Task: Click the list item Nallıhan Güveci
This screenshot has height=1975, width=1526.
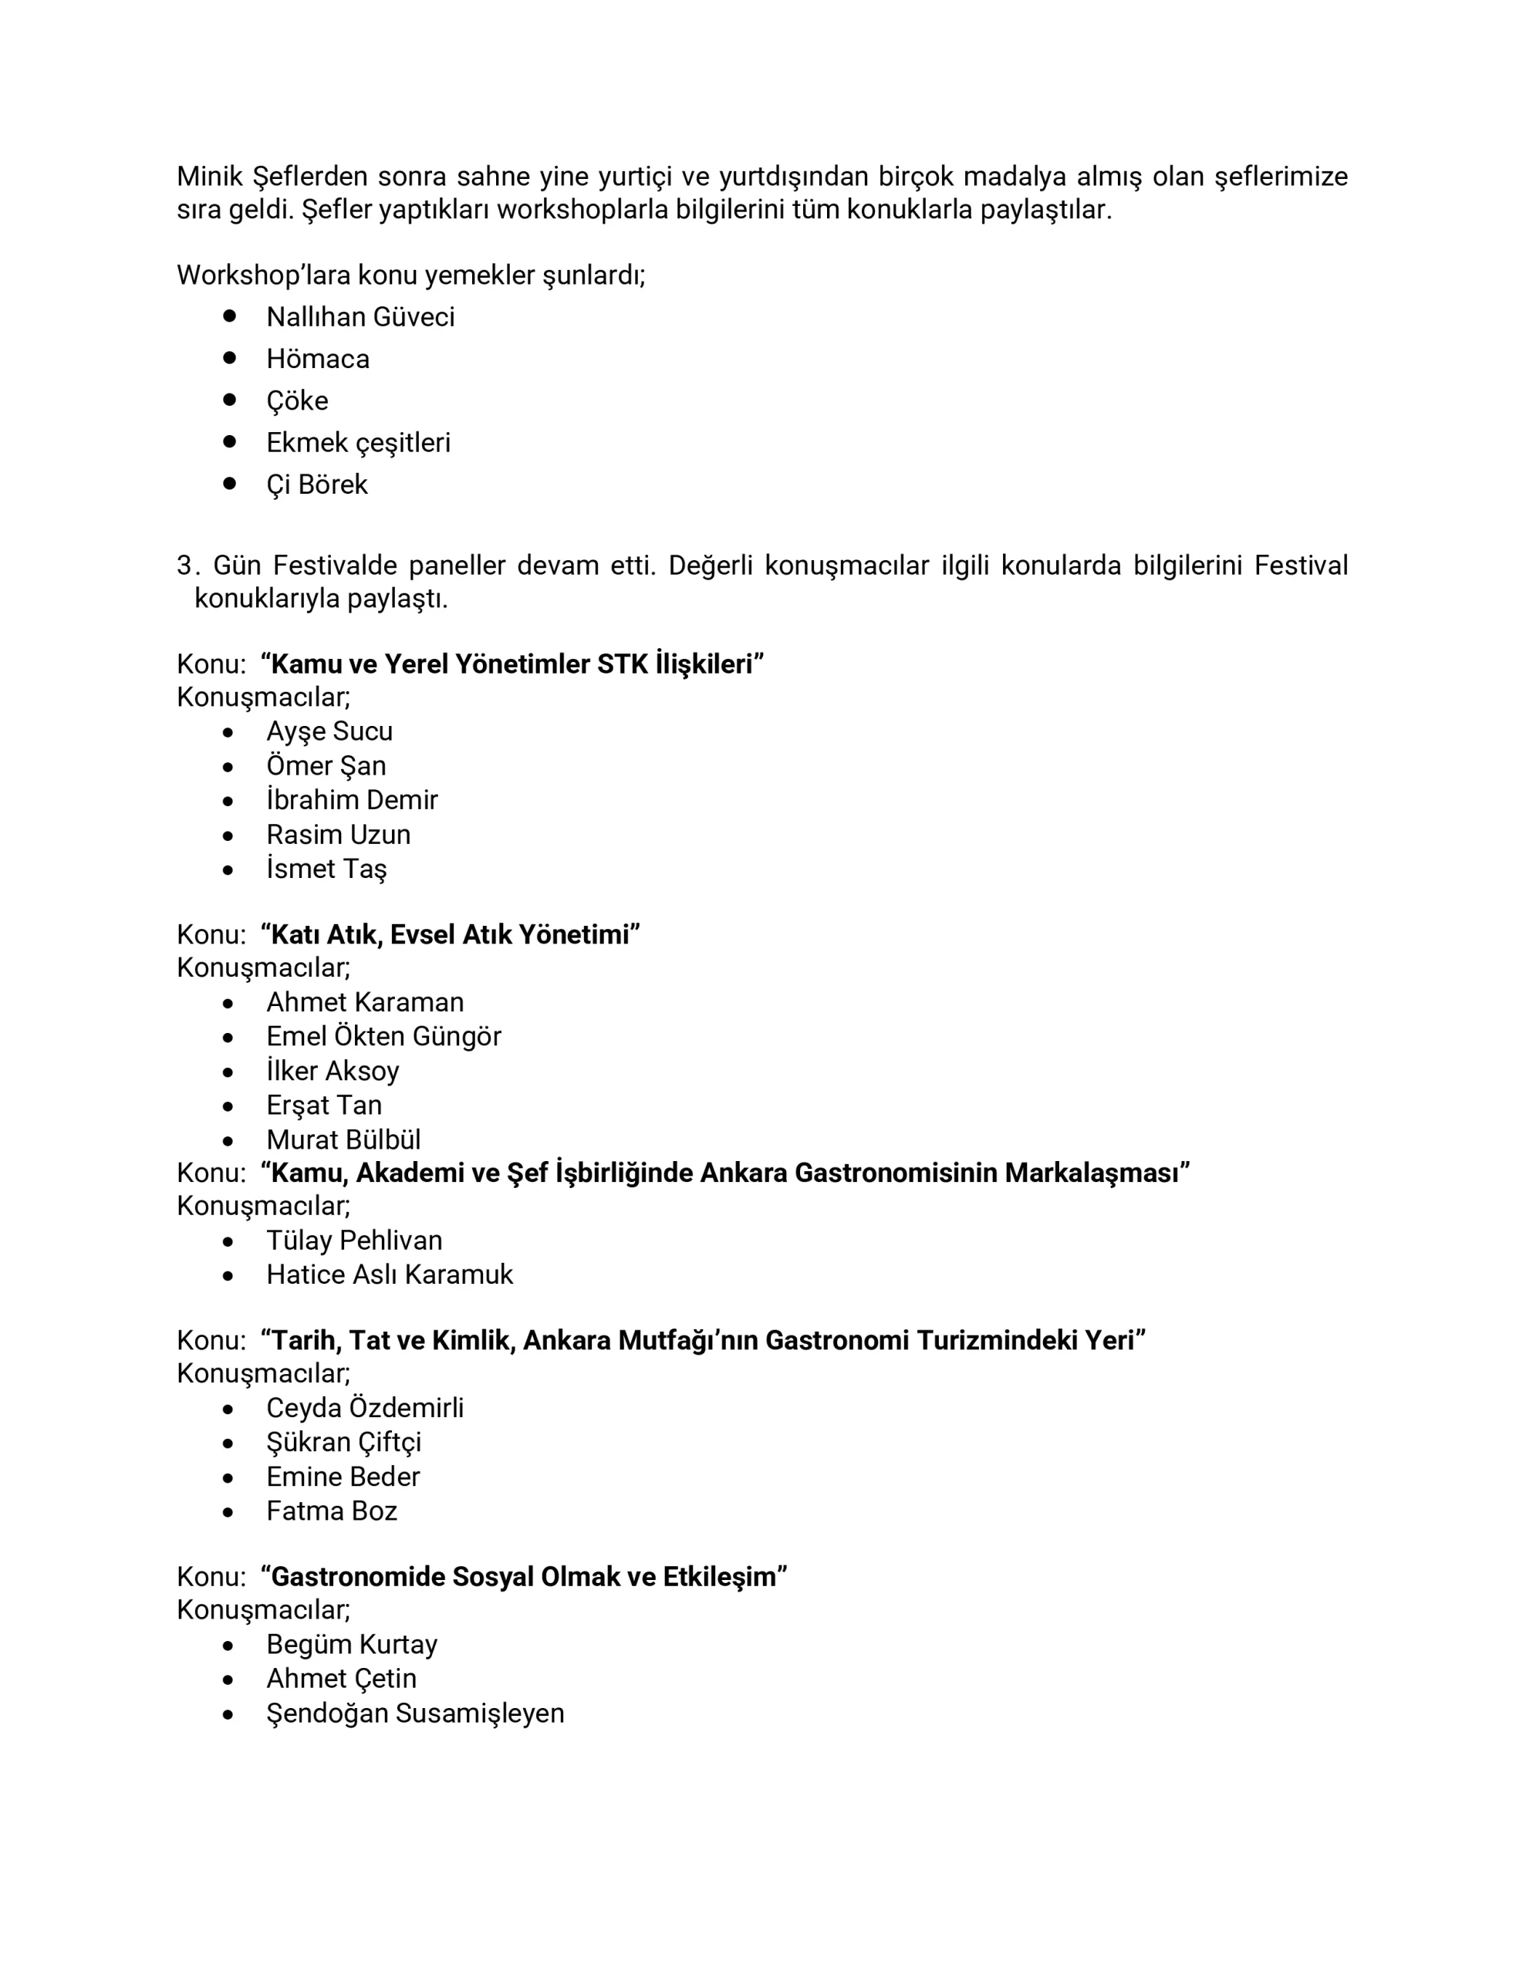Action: [x=360, y=317]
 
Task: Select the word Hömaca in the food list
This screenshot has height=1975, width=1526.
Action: [x=318, y=359]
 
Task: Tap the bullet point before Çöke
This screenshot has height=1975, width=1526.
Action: [x=230, y=399]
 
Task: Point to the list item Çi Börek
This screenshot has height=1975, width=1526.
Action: [x=316, y=484]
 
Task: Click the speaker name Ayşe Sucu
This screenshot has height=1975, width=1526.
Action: [x=329, y=731]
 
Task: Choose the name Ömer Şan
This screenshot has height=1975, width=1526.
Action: [x=326, y=766]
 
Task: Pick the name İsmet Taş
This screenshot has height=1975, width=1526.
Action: [x=326, y=869]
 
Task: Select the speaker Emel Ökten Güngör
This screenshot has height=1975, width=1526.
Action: [x=383, y=1036]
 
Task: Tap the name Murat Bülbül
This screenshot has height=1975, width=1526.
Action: [x=344, y=1139]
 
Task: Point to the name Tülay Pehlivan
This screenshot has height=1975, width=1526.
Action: [x=353, y=1241]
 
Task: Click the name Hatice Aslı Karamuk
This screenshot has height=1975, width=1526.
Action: [x=389, y=1275]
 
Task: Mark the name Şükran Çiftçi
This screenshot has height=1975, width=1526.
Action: [x=344, y=1443]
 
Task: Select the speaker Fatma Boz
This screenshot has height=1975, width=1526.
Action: [x=332, y=1511]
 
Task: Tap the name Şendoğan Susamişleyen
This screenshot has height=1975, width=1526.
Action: [x=415, y=1713]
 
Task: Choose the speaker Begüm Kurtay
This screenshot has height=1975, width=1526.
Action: [x=352, y=1645]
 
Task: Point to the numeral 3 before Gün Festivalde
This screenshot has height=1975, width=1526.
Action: [x=184, y=566]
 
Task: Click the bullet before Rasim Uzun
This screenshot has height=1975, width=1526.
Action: [x=228, y=836]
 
